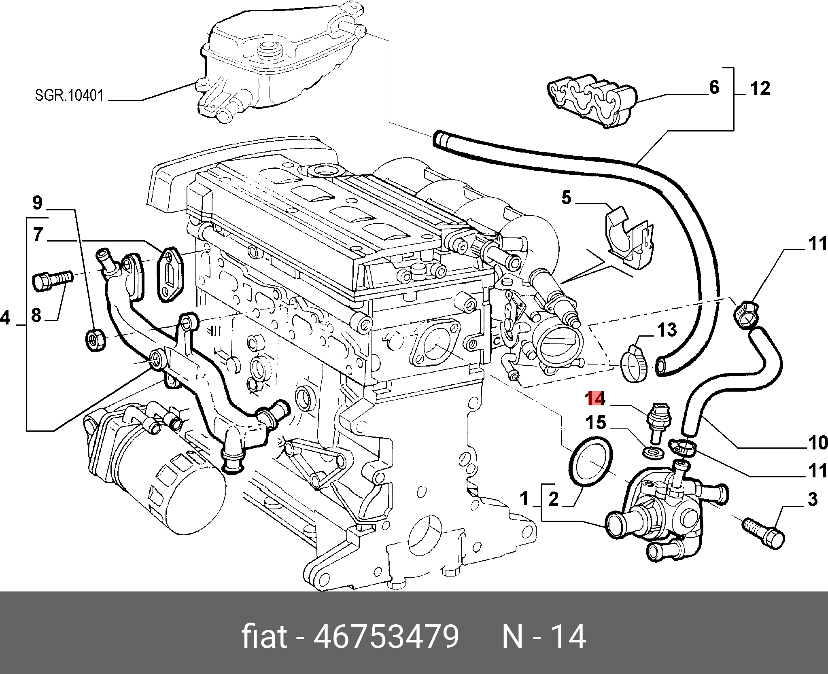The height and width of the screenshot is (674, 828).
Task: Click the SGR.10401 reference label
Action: click(x=69, y=96)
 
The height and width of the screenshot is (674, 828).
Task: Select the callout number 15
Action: click(x=597, y=423)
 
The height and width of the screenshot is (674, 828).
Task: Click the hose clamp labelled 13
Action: click(x=634, y=362)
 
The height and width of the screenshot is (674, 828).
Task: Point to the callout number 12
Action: click(x=759, y=89)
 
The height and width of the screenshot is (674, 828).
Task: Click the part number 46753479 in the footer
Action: click(x=386, y=637)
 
